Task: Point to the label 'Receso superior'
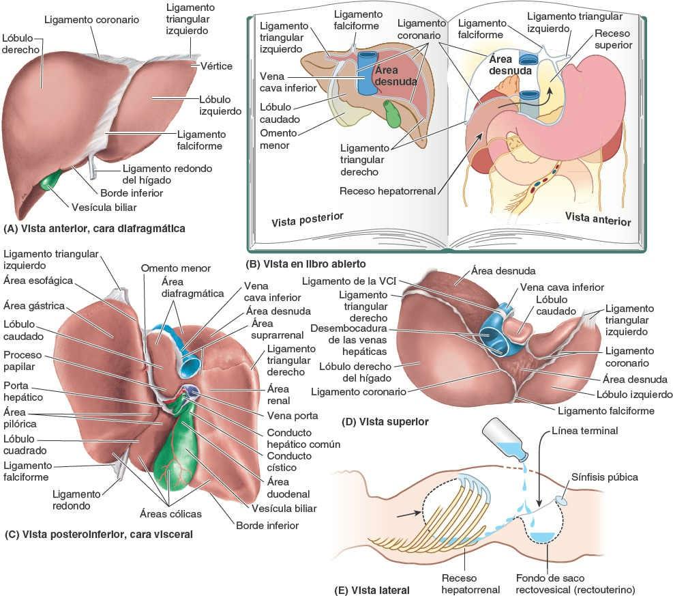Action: [613, 39]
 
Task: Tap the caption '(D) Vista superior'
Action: [388, 422]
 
